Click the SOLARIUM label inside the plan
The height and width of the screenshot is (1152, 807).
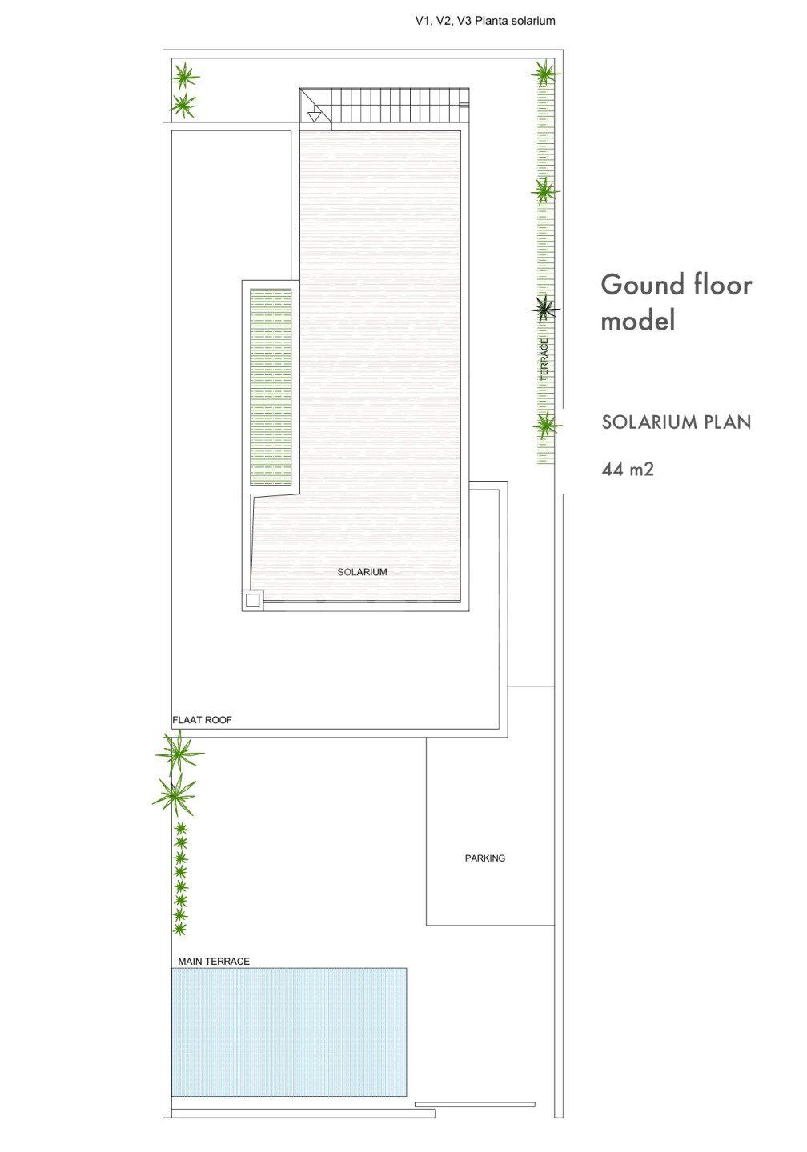(x=362, y=572)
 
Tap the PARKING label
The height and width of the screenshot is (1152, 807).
(x=485, y=858)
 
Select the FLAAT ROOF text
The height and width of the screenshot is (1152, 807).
(x=202, y=720)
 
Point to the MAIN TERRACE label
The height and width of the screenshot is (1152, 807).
(x=214, y=962)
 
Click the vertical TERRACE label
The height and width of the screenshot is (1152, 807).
(x=544, y=359)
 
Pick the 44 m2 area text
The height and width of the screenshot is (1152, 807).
(x=628, y=469)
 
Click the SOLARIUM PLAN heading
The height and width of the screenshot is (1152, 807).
(x=677, y=422)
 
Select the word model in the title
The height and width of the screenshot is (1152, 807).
(x=637, y=320)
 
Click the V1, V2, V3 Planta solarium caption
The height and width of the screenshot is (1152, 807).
(x=485, y=21)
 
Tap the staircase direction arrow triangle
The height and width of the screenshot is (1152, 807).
(x=314, y=117)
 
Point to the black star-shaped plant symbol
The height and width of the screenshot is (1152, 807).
(x=545, y=309)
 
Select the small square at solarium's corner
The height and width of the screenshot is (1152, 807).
(x=252, y=600)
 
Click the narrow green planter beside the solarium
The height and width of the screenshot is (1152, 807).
(x=271, y=386)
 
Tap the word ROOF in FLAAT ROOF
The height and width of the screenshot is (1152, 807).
(x=219, y=720)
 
